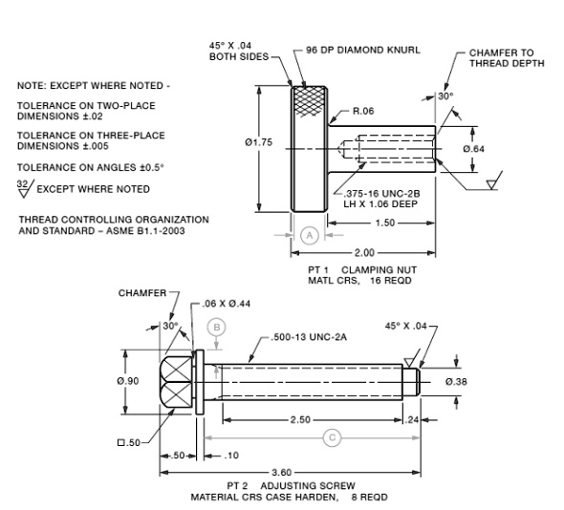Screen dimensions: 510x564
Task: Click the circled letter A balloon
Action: [x=310, y=233]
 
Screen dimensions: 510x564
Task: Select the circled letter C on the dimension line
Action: [x=332, y=436]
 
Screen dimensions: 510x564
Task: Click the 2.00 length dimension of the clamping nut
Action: [x=364, y=252]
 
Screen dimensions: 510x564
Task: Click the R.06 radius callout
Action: [x=363, y=111]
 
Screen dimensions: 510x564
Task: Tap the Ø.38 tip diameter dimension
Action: [x=457, y=381]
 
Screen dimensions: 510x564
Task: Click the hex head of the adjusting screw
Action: [x=177, y=381]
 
